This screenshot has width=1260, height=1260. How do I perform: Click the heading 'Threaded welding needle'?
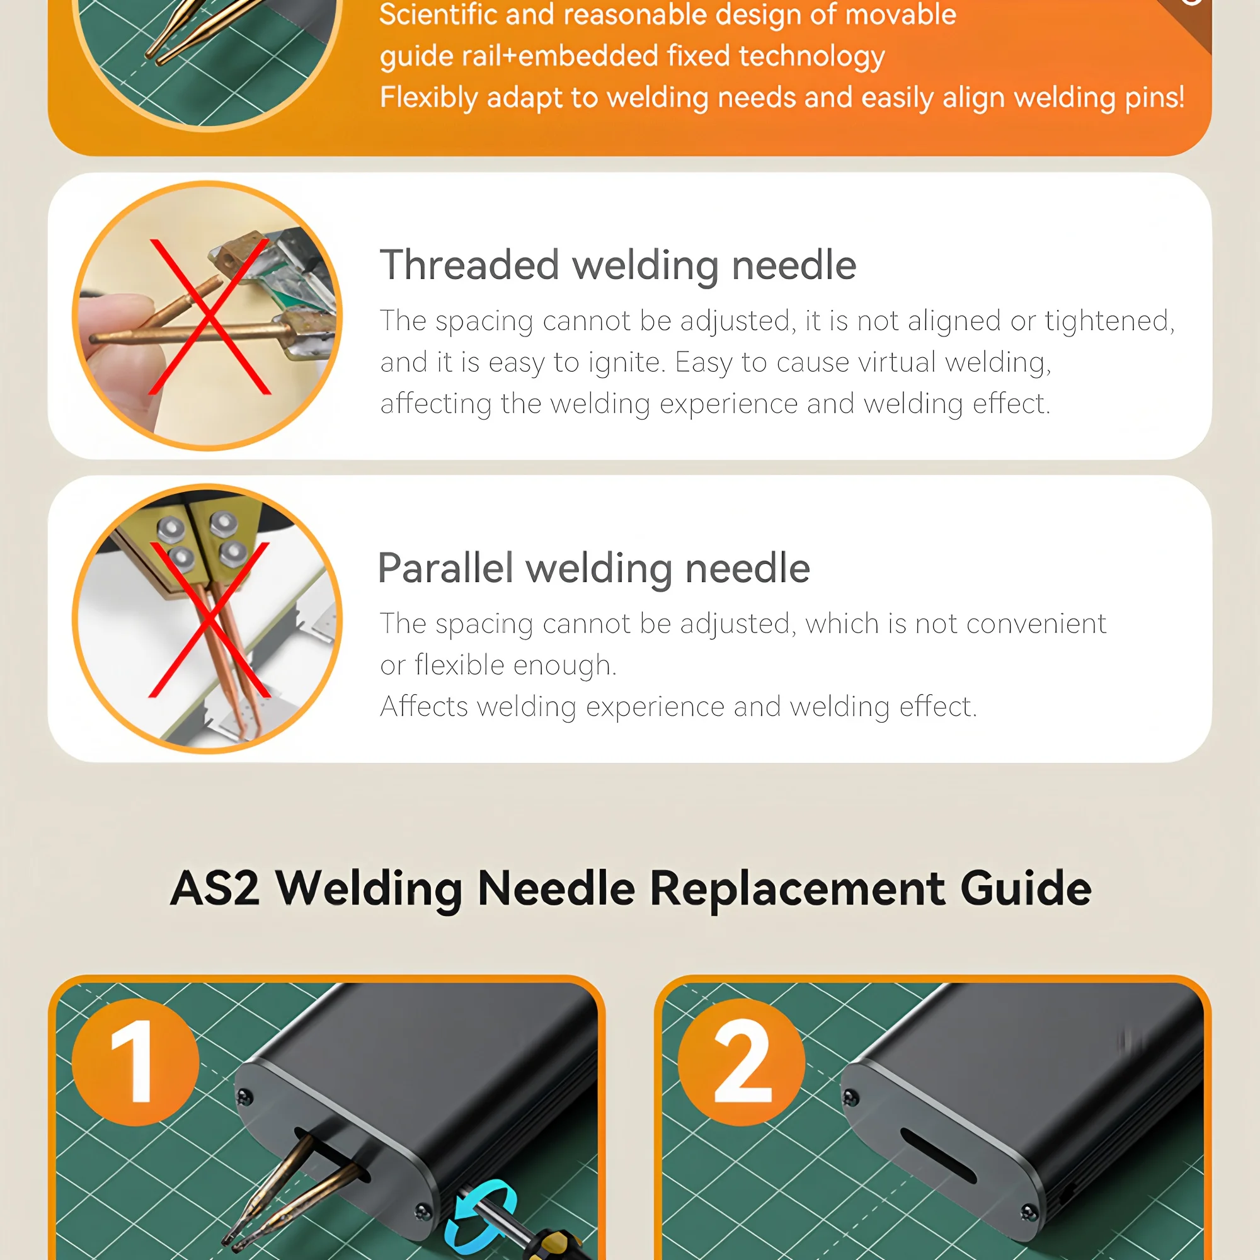(x=617, y=265)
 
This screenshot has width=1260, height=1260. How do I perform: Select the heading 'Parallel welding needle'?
(x=593, y=568)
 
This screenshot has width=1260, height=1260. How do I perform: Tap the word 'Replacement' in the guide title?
(x=797, y=889)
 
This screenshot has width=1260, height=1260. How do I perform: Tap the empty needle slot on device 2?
(x=939, y=1155)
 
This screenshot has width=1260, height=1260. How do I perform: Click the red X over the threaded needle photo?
(x=209, y=316)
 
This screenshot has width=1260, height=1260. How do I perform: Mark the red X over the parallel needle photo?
(x=209, y=619)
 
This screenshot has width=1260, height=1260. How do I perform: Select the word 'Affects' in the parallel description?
(x=425, y=706)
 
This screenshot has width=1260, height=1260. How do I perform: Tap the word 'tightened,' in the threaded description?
(x=1110, y=321)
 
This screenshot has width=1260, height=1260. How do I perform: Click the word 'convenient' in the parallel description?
(x=1036, y=624)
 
